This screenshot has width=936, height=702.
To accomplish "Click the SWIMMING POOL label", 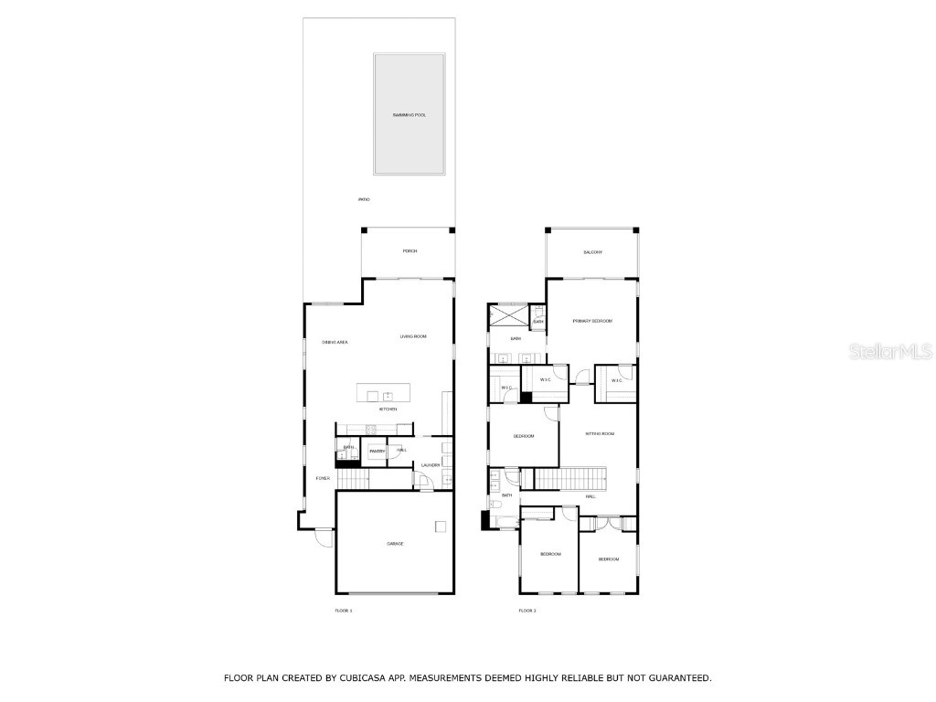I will click(x=409, y=115).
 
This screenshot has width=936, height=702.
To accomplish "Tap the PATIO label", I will click(x=364, y=199).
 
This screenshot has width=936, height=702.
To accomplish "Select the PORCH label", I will click(x=409, y=251).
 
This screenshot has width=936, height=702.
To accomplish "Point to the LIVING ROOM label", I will click(x=413, y=336).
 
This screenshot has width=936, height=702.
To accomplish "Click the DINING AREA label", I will click(x=335, y=342).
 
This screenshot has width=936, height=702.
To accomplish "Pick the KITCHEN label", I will click(x=388, y=409).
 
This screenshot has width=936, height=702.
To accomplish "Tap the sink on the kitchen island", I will click(x=388, y=395).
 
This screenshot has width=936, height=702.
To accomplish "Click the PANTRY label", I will click(x=377, y=451).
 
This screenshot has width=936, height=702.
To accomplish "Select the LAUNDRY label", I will click(x=431, y=465).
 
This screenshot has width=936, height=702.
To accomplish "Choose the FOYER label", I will click(x=323, y=478).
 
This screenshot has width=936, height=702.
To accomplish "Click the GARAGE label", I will click(x=395, y=544).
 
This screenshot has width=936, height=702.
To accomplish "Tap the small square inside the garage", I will click(x=441, y=526).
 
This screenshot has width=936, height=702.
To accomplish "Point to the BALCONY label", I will click(x=592, y=252).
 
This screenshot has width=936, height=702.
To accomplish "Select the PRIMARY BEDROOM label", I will click(x=592, y=321).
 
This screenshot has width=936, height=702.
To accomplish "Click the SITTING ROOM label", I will click(x=600, y=433).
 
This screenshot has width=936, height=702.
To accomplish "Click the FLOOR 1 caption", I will click(x=344, y=610).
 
